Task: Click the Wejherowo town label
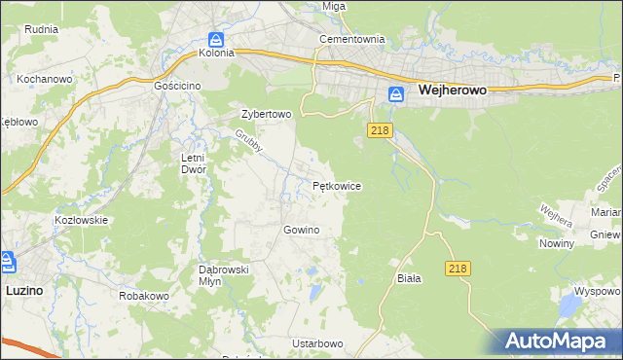pyautogui.click(x=453, y=90)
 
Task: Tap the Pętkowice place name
pyautogui.click(x=338, y=185)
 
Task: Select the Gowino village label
pyautogui.click(x=301, y=231)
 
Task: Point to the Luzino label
pyautogui.click(x=23, y=290)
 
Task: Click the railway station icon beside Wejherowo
pyautogui.click(x=396, y=94)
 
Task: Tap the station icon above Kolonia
pyautogui.click(x=217, y=39)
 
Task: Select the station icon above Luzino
pyautogui.click(x=7, y=261)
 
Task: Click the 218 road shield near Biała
pyautogui.click(x=459, y=267)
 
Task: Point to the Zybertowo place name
pyautogui.click(x=267, y=114)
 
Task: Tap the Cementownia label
pyautogui.click(x=353, y=40)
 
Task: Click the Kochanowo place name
pyautogui.click(x=41, y=77)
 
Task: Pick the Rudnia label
pyautogui.click(x=42, y=29)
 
